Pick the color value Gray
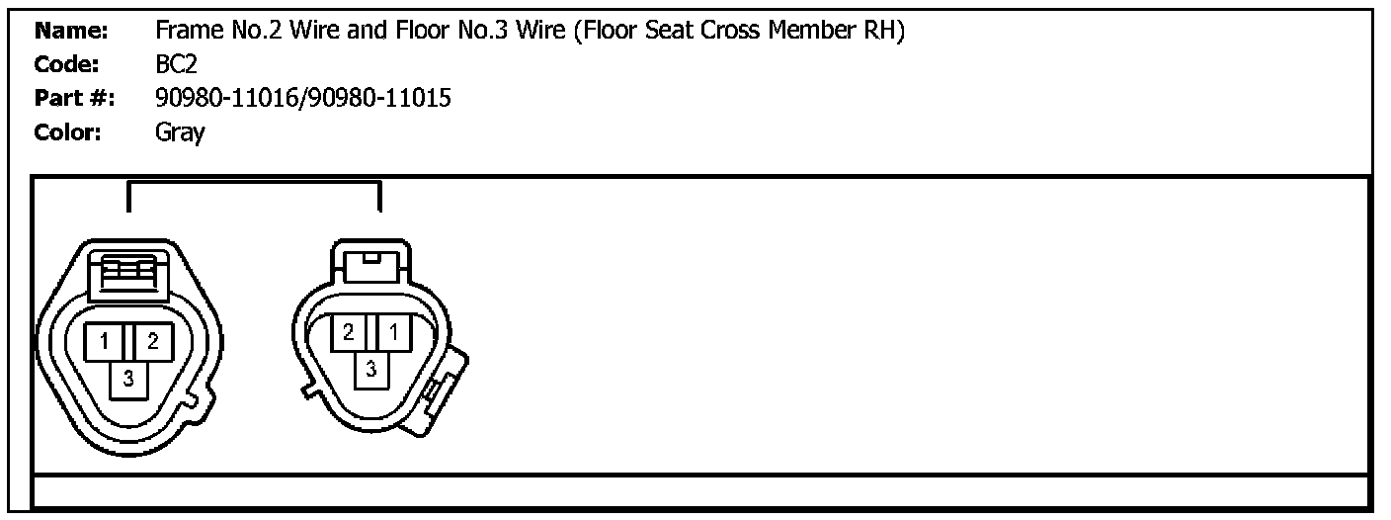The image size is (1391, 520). pyautogui.click(x=180, y=133)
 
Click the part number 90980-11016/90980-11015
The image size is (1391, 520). pyautogui.click(x=303, y=99)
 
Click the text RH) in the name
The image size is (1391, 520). pyautogui.click(x=886, y=32)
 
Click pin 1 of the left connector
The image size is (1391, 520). pyautogui.click(x=104, y=342)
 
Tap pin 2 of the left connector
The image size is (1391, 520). pyautogui.click(x=153, y=342)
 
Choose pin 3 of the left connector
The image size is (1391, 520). pyautogui.click(x=128, y=377)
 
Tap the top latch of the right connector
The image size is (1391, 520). pyautogui.click(x=370, y=263)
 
